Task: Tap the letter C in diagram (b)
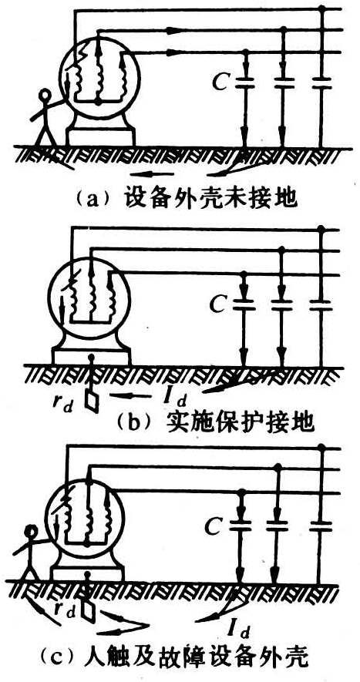(217, 304)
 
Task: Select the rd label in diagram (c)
(65, 610)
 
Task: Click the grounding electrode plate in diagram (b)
(92, 403)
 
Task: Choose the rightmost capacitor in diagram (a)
(321, 84)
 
